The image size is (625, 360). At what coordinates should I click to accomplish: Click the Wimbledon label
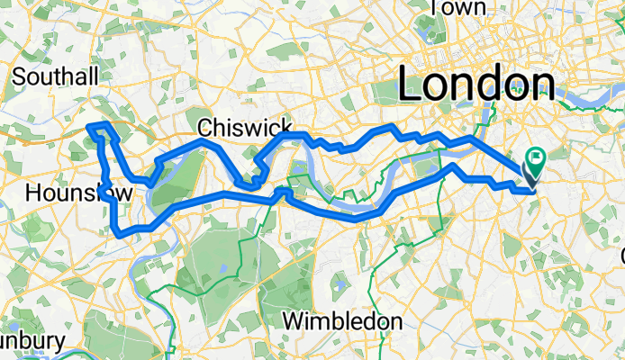(x=341, y=321)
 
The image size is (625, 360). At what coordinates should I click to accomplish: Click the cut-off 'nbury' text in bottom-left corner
(x=32, y=342)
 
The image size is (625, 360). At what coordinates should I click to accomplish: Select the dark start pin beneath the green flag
(x=531, y=176)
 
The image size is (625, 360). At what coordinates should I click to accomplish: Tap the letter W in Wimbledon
(x=293, y=321)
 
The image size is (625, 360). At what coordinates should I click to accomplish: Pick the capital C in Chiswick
(x=204, y=124)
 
